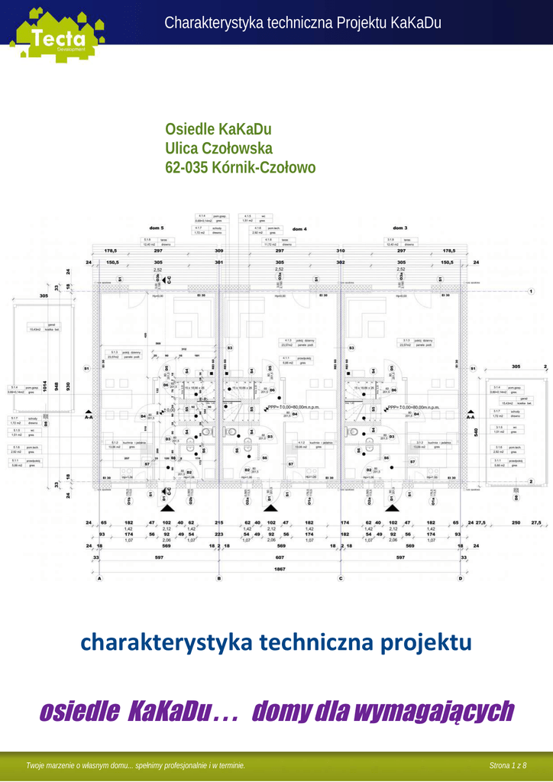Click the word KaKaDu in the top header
(x=416, y=23)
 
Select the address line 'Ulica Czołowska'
(x=218, y=148)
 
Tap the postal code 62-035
(x=186, y=167)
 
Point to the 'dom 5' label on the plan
(x=157, y=228)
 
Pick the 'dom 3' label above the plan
(x=400, y=228)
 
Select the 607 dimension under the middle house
(x=280, y=558)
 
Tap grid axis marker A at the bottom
(x=99, y=579)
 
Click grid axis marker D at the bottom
(x=461, y=579)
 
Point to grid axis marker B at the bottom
(x=219, y=579)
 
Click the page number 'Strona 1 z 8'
(x=508, y=765)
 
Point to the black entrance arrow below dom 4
(x=269, y=506)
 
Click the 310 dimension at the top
(x=341, y=250)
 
